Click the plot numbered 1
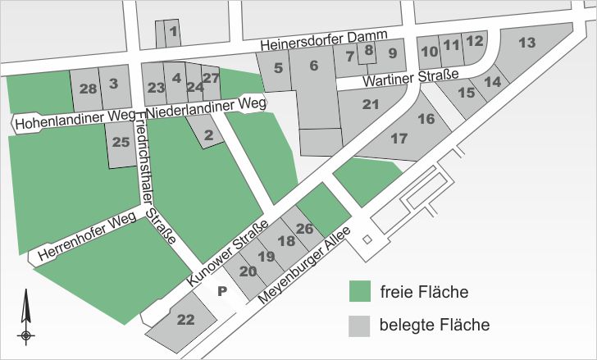(172, 32)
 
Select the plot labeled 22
(186, 321)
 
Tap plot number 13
(527, 42)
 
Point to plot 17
(399, 139)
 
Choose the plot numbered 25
(121, 143)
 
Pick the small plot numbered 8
(369, 50)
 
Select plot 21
(371, 104)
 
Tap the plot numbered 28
(89, 89)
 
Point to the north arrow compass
(26, 317)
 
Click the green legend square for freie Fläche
(358, 292)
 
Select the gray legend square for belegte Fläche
(358, 326)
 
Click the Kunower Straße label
(228, 254)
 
